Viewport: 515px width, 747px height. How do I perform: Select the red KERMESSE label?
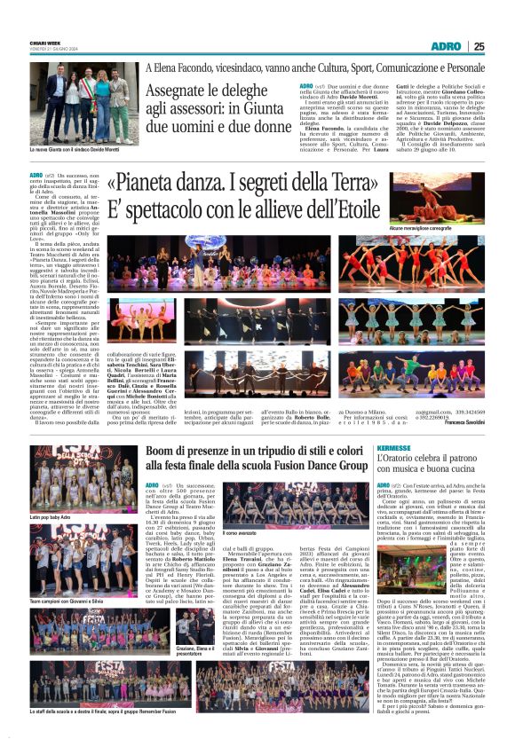393,448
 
